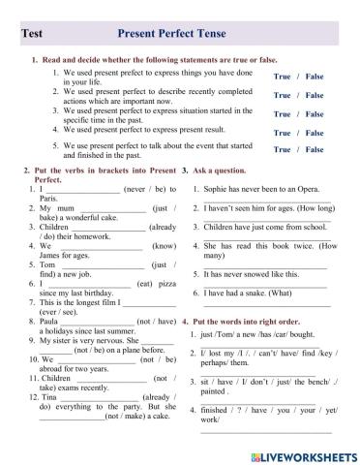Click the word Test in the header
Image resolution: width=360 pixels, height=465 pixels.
(32, 32)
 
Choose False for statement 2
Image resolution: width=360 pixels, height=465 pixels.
(315, 95)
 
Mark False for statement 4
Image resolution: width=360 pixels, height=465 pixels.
(315, 133)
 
